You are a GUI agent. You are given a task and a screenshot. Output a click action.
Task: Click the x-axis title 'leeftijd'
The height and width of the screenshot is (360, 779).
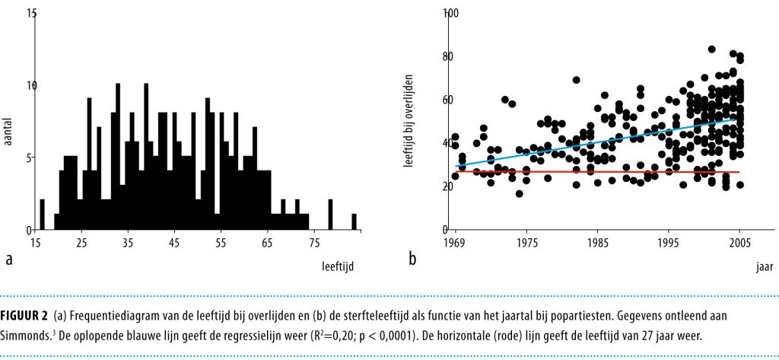click(338, 266)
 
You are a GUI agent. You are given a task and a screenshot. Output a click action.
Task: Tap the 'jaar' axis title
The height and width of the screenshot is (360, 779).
click(764, 267)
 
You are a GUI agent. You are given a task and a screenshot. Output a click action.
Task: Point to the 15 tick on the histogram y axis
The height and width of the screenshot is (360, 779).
click(30, 14)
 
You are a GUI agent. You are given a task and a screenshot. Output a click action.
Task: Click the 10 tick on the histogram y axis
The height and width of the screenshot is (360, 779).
click(30, 85)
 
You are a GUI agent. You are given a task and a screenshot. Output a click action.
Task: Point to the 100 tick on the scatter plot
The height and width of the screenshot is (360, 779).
click(450, 14)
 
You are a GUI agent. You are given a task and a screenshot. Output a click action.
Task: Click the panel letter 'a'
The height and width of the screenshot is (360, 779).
click(9, 259)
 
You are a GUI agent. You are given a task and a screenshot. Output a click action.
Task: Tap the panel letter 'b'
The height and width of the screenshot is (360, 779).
click(412, 259)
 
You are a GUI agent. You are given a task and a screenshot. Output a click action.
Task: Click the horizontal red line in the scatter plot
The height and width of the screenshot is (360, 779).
click(593, 172)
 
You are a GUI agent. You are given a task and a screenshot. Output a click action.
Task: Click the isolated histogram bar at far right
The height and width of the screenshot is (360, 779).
click(354, 221)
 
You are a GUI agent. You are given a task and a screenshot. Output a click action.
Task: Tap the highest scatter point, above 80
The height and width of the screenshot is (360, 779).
click(711, 49)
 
